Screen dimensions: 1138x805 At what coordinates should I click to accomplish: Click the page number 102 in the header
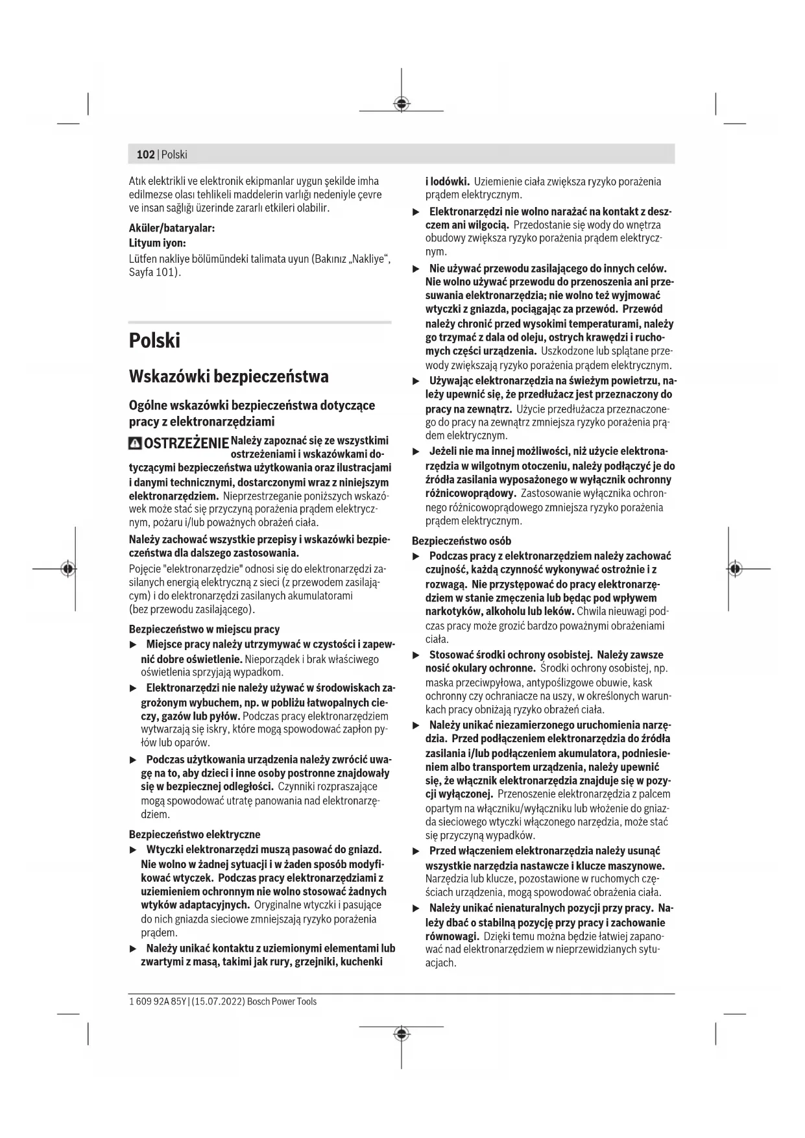tap(145, 154)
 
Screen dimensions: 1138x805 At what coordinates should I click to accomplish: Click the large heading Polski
tap(154, 341)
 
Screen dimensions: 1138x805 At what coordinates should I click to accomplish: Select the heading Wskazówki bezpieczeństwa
tap(228, 376)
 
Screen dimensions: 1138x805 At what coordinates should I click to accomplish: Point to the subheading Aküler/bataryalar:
tap(172, 228)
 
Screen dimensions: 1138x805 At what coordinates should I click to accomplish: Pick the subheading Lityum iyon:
tap(158, 243)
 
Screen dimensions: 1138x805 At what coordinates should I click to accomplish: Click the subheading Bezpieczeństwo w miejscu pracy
tap(204, 629)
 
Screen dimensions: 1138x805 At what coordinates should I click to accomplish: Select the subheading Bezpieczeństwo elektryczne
tap(195, 834)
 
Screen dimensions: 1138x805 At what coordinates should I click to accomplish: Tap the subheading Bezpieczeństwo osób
tap(461, 540)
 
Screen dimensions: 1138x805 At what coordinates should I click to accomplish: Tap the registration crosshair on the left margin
tap(67, 568)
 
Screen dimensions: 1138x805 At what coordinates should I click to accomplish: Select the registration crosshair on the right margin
tap(734, 568)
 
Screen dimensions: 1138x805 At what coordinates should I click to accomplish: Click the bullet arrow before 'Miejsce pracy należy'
tap(134, 645)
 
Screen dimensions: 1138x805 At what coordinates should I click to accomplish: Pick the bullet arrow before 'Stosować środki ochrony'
tap(416, 655)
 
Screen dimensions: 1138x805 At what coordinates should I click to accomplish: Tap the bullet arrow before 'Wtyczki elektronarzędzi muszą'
tap(134, 850)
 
